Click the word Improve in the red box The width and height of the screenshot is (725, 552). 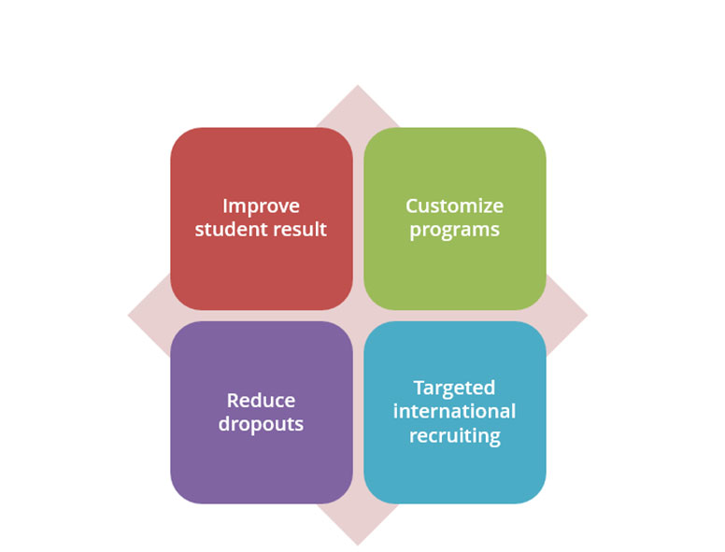point(262,207)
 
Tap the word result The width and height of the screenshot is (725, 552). point(300,230)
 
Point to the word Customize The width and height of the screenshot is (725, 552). point(454,206)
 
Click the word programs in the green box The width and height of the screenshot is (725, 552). point(454,231)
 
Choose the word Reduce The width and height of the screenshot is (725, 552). point(262,401)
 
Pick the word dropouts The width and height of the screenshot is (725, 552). point(262,424)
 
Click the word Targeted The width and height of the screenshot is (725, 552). point(454,389)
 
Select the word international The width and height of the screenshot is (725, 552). point(454,412)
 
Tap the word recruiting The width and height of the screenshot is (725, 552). point(454,436)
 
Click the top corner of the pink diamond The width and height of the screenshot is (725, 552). point(358,85)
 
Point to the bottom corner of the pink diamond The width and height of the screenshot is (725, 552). point(358,545)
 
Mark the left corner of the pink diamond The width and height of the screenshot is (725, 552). point(128,316)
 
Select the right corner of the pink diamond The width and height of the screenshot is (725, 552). point(588,316)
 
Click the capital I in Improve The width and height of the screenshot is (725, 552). point(225,206)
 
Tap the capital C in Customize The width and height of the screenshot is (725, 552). point(412,206)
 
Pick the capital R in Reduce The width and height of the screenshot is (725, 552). point(234,401)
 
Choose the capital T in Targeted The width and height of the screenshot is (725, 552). point(419,388)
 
